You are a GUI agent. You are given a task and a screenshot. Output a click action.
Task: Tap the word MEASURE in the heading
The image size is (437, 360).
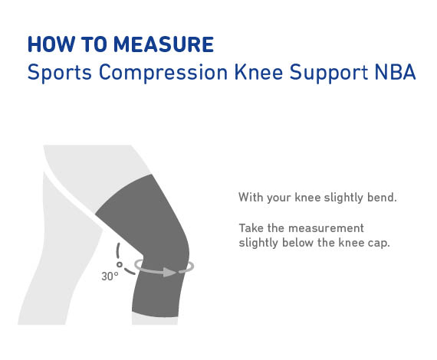(164, 44)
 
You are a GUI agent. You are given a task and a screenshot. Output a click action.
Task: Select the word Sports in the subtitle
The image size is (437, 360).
(60, 73)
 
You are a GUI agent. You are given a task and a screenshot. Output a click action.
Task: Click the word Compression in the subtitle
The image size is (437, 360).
(163, 73)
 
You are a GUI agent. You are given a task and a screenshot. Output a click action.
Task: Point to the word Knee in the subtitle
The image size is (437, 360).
(258, 72)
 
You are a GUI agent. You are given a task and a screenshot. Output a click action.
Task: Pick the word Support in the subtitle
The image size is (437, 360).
(329, 73)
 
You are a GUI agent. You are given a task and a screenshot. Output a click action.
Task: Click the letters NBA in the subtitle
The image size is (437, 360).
(395, 72)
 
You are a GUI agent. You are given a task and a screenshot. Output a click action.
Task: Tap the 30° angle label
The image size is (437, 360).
(110, 277)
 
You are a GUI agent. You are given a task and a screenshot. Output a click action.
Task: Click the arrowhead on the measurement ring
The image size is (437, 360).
(169, 272)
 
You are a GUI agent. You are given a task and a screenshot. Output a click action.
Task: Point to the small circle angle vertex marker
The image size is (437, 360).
(120, 264)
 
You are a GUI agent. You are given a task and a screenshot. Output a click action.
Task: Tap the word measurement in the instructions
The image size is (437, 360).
(326, 228)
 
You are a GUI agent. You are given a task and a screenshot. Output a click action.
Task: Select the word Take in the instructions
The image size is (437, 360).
(251, 228)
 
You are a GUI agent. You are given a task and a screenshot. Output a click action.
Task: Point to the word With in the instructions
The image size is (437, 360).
(251, 197)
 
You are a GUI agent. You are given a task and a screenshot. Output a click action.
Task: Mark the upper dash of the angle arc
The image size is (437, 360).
(118, 250)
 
